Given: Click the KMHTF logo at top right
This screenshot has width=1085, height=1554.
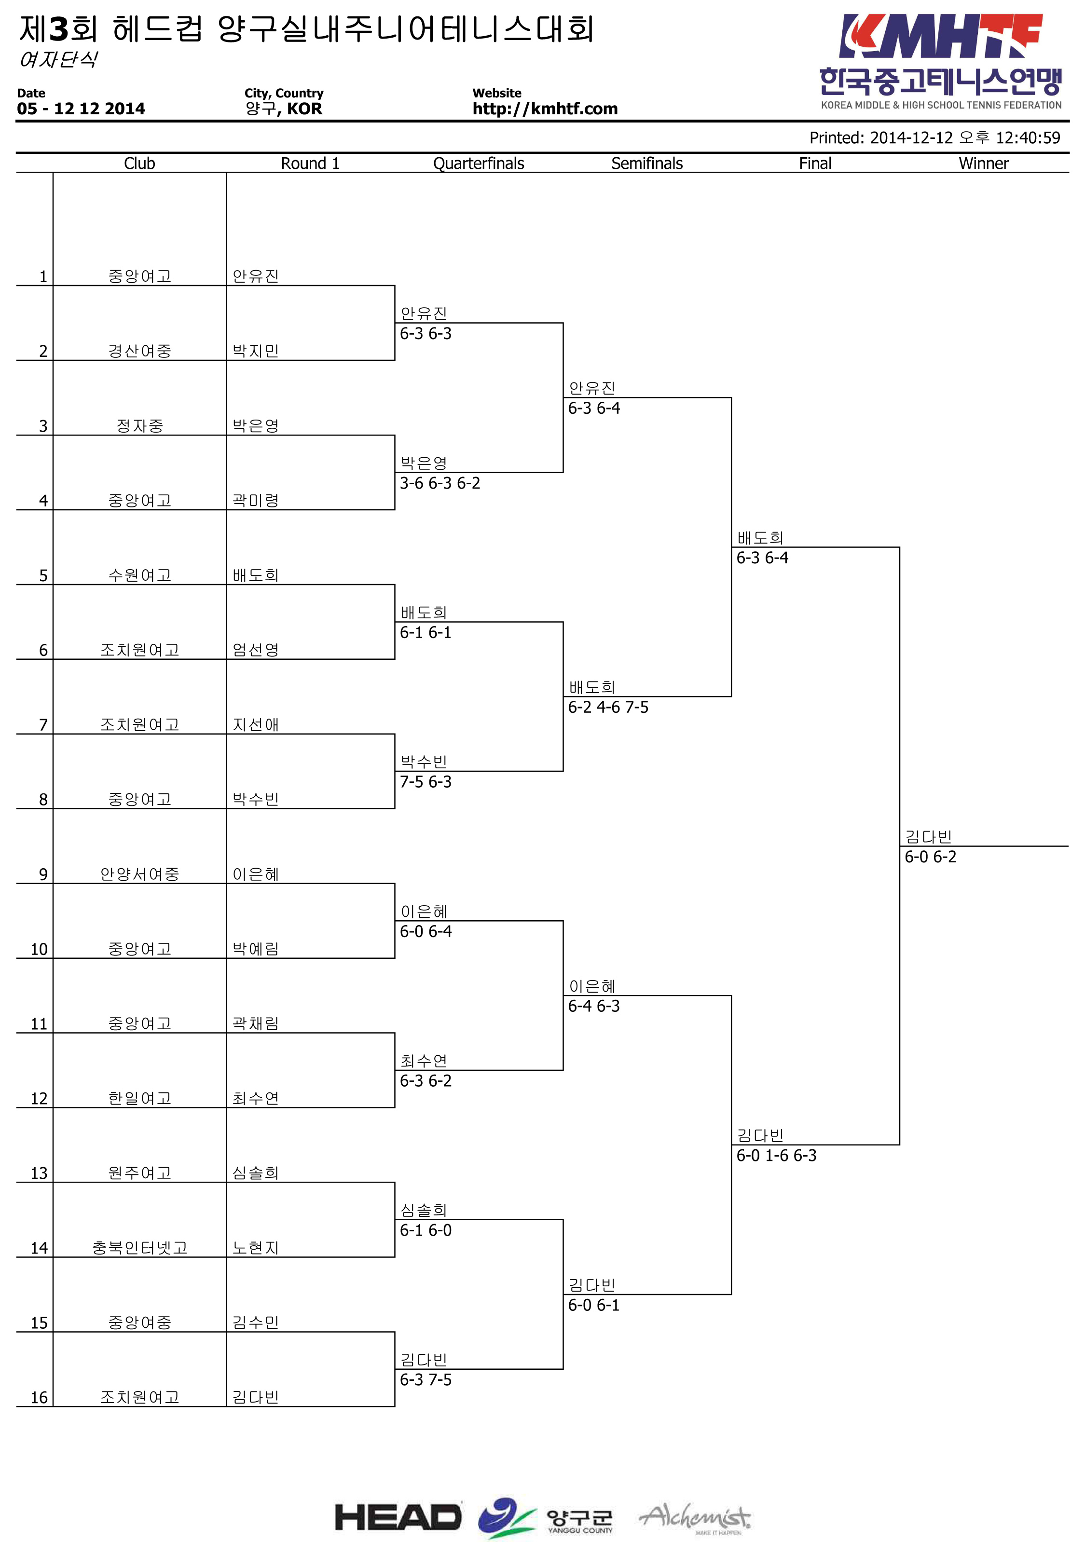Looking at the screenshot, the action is click(940, 62).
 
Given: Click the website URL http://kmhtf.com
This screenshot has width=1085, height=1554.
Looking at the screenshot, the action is click(545, 109).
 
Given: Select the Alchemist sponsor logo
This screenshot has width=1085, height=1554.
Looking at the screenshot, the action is click(695, 1518).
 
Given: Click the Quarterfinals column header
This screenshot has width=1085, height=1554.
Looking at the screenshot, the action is click(479, 163).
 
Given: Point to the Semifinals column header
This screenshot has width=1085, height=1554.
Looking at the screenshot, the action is click(647, 163).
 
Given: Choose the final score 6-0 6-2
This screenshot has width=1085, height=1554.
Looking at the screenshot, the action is click(931, 857).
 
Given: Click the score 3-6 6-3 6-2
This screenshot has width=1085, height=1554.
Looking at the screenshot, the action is click(440, 483).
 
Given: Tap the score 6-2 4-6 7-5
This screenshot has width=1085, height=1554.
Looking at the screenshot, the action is click(608, 707).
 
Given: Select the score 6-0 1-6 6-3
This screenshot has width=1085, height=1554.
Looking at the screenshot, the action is click(776, 1155).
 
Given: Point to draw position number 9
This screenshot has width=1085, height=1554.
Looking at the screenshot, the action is click(43, 874).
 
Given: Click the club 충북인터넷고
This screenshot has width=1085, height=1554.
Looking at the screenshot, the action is click(140, 1247).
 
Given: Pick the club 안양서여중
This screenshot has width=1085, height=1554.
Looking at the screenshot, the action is click(140, 874).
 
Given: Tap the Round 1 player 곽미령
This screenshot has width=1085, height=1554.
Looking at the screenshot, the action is click(256, 500).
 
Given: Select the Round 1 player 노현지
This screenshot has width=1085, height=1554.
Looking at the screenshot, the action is click(256, 1247).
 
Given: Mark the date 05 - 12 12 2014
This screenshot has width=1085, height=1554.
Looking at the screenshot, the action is click(81, 109).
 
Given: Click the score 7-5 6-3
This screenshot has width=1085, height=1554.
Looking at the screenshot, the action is click(426, 782).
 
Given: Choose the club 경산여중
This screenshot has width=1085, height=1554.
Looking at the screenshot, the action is click(140, 351).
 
